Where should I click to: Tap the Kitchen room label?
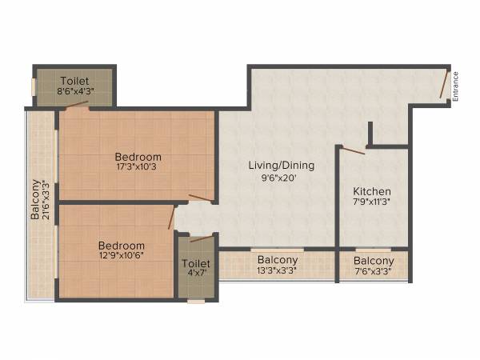[x=372, y=191]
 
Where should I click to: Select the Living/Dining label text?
[x=281, y=166]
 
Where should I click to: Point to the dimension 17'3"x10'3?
[x=138, y=168]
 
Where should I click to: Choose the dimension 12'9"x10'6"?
[x=122, y=257]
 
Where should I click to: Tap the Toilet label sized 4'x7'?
[x=196, y=263]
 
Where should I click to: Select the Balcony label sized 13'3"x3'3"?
[x=278, y=260]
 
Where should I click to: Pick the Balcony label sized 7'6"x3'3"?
[x=374, y=261]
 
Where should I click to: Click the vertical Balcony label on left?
[x=35, y=200]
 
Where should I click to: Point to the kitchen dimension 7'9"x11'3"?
[x=372, y=203]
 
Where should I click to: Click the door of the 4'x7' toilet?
[x=202, y=238]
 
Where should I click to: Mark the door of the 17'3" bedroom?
[x=201, y=198]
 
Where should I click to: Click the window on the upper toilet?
[x=34, y=86]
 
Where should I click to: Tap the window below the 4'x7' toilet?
[x=196, y=302]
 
